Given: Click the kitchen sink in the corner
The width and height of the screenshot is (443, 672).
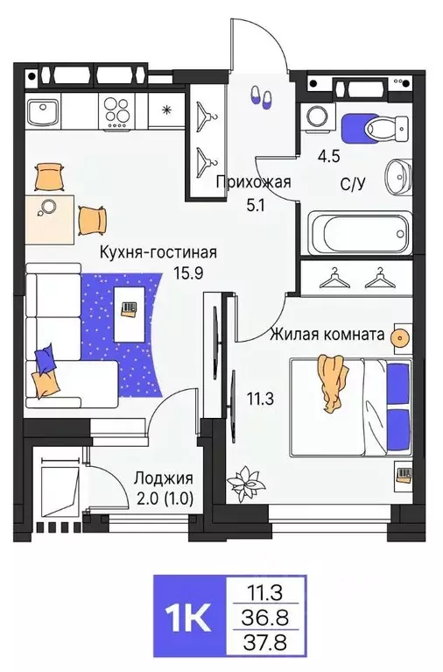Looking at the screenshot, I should click(x=42, y=111).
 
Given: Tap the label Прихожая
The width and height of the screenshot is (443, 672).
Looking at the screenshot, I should click(x=253, y=183).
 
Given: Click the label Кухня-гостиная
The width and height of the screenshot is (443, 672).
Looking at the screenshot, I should click(x=157, y=253).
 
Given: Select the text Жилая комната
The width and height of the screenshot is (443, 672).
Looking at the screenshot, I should click(x=327, y=334).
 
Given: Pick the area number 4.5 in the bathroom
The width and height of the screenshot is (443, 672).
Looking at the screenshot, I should click(x=328, y=159).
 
